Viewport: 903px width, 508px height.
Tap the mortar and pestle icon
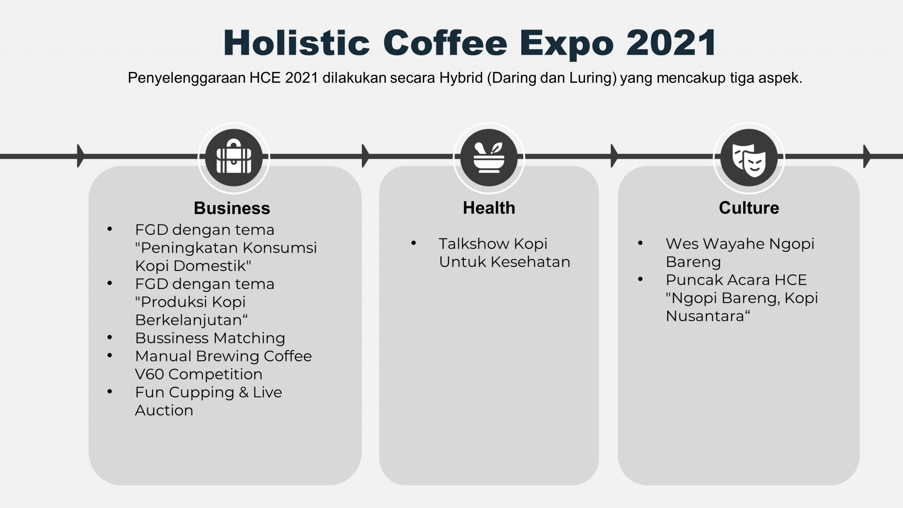[x=489, y=157]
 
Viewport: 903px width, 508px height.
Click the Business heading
[x=232, y=208]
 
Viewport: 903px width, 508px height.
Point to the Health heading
[x=489, y=208]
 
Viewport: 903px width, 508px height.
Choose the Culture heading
[x=749, y=208]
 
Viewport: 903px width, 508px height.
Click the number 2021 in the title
[x=671, y=43]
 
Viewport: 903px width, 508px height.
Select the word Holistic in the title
[x=297, y=43]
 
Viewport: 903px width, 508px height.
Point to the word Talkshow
[x=474, y=243]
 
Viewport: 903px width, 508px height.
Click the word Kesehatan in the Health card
[x=530, y=262]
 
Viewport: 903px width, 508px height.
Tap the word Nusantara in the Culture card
[x=705, y=316]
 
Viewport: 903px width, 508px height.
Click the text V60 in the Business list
[x=150, y=374]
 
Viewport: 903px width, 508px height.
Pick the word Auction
[x=164, y=410]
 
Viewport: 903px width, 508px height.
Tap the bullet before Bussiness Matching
[x=110, y=338]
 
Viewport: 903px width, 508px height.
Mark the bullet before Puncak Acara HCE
[x=641, y=279]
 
